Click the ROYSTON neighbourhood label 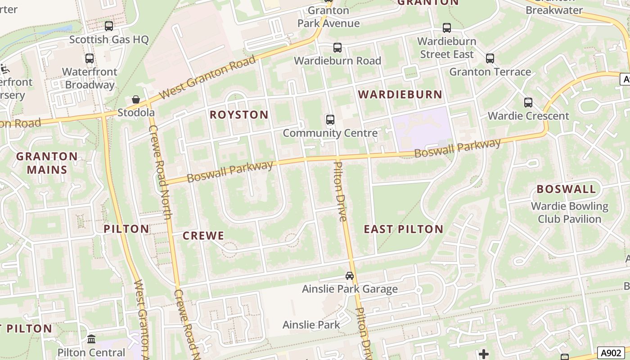239,115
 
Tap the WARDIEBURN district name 400,94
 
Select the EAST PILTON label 404,229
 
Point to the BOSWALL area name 566,189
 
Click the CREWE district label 203,236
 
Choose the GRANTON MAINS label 47,163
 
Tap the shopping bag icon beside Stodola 136,99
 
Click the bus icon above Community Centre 330,120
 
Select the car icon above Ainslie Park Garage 350,276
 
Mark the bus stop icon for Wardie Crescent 528,103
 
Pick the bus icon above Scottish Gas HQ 109,26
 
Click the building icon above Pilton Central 91,339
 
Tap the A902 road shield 611,353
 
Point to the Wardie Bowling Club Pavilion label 569,212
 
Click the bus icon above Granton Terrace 490,58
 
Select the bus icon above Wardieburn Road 337,48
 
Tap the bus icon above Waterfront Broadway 89,58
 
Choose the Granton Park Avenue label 328,17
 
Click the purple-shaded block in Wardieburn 422,128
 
